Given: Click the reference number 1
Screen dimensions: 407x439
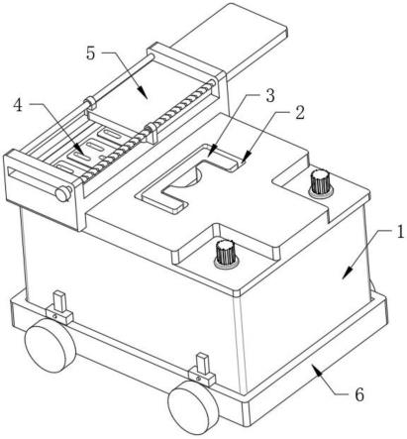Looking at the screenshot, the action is point(400,232).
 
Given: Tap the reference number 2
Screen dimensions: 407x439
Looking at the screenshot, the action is point(299,113).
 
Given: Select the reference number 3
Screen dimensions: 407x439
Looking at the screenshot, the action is point(269,96).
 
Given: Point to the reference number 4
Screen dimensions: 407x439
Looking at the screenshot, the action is point(18,105).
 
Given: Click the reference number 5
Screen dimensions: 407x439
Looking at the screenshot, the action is point(91,54).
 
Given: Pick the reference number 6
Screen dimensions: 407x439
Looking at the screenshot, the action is point(359,394).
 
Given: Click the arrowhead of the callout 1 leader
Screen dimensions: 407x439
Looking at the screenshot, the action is point(346,274).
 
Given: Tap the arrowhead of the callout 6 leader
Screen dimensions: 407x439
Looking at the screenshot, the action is point(314,368).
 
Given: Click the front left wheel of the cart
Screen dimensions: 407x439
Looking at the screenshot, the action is point(51,345).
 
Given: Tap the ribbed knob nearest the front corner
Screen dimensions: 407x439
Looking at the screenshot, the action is point(226,253).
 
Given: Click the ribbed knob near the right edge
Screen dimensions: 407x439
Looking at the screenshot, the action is point(320,182).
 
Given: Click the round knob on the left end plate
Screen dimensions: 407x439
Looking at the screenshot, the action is point(63,193).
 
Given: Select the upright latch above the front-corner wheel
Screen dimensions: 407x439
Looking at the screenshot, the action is point(202,370).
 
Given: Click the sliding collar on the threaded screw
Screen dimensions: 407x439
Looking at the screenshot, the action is point(153,132).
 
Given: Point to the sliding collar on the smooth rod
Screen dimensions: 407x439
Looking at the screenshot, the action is point(90,102).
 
